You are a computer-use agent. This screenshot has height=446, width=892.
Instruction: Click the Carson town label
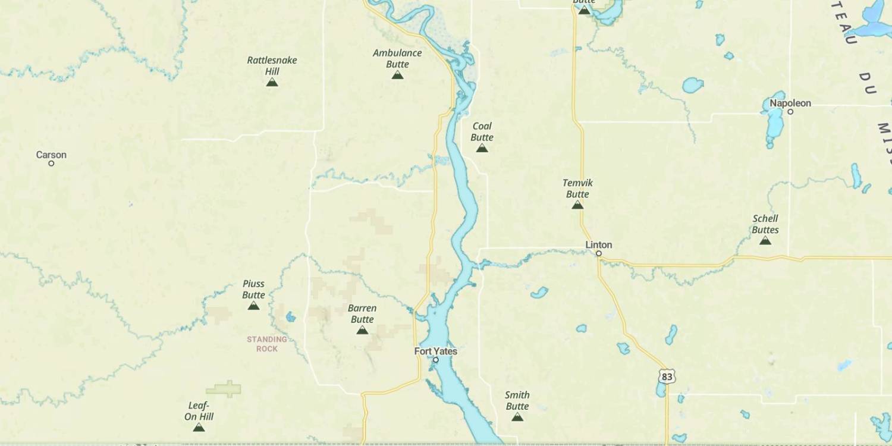[51, 155]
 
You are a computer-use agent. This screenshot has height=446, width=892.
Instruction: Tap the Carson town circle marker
[51, 164]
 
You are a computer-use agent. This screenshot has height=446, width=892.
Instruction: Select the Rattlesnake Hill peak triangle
[272, 82]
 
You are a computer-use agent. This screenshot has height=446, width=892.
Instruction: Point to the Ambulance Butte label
[397, 58]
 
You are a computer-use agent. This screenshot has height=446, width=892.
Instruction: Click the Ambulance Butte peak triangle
[398, 75]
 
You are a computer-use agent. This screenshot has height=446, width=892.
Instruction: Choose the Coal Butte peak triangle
[482, 148]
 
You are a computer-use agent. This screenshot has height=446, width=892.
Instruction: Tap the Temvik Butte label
[577, 189]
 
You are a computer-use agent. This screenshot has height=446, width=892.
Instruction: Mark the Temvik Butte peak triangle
[577, 205]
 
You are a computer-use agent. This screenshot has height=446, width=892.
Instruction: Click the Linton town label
[598, 245]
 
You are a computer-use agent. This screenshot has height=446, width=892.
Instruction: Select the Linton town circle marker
[599, 254]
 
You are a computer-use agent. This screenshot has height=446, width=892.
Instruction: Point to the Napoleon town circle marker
[790, 112]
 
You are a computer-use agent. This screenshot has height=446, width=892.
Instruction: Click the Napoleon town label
[790, 103]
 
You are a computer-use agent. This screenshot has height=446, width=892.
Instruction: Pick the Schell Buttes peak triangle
[765, 241]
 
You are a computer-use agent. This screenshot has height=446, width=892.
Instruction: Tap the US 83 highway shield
[667, 376]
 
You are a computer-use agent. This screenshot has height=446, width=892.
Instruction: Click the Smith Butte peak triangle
[517, 417]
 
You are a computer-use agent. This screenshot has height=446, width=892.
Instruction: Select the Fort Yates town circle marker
[436, 360]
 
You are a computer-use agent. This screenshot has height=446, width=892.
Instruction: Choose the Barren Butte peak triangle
[362, 330]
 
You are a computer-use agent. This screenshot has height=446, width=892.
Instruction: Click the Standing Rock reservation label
[267, 344]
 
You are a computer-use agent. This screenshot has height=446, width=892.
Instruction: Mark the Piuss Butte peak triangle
[253, 306]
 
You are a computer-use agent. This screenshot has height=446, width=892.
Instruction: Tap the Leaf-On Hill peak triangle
[199, 428]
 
